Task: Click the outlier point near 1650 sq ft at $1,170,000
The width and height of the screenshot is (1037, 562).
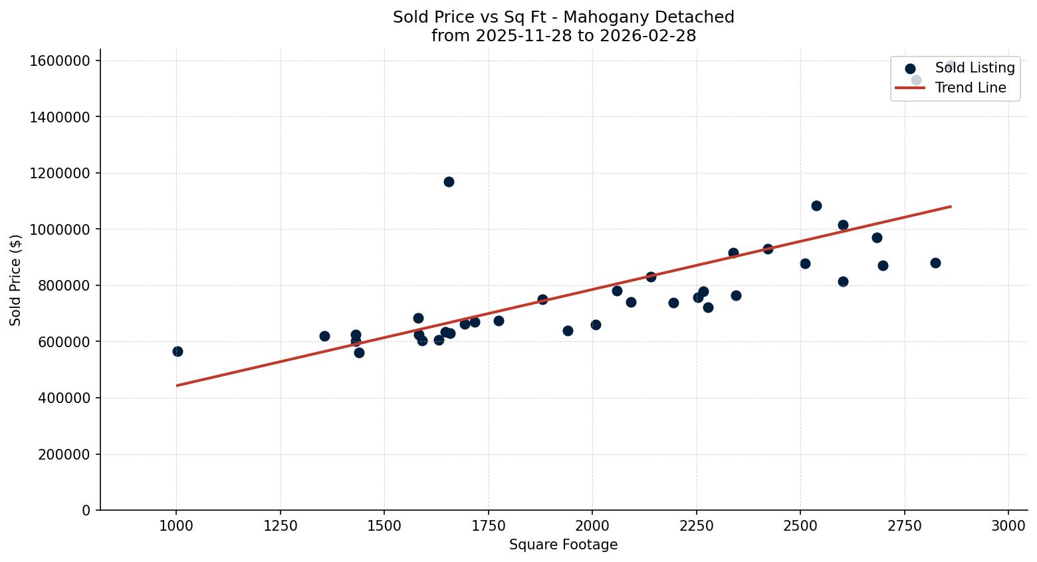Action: pos(449,182)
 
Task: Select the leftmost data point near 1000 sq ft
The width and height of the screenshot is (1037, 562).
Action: pos(177,351)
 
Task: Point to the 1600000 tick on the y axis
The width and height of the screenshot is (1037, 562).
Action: pos(60,61)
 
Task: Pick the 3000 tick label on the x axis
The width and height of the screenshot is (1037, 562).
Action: pos(1008,525)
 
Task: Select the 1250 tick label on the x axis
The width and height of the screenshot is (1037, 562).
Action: pos(280,525)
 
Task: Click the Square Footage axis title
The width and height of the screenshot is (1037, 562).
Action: pos(563,545)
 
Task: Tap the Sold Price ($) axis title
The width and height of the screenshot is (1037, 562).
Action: pos(16,280)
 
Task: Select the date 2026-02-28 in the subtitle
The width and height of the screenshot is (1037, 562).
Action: pos(647,36)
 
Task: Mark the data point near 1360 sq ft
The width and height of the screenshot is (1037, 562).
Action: pos(324,336)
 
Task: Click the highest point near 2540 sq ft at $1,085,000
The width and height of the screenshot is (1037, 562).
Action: pos(816,206)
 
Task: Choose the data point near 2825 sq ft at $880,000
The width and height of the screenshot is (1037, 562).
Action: pos(935,263)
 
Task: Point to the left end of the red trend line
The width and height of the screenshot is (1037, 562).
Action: pos(177,385)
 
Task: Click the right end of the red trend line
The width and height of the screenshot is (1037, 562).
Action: pos(951,206)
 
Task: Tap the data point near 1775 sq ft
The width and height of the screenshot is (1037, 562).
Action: pos(499,321)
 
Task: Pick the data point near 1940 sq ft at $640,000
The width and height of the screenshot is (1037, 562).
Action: pos(568,331)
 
